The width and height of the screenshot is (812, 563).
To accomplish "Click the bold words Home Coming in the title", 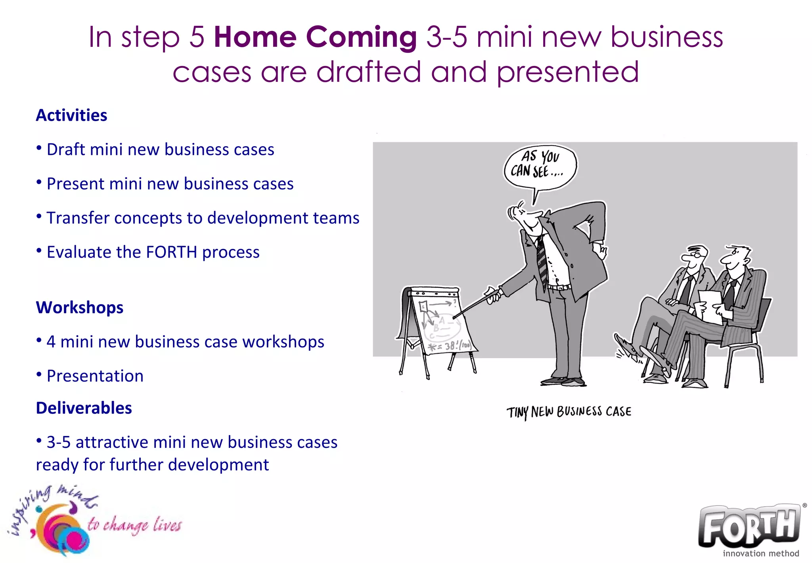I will (x=315, y=37).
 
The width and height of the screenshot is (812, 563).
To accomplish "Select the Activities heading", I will (x=71, y=116).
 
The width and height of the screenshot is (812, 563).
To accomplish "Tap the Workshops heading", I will (x=79, y=308).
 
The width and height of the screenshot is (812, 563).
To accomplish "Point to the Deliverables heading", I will (x=84, y=408).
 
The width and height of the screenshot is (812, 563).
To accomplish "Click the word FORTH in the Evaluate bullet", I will (x=171, y=253).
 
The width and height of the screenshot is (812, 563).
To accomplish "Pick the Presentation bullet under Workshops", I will (x=95, y=376).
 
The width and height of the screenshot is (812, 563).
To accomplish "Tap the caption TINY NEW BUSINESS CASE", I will (x=569, y=412).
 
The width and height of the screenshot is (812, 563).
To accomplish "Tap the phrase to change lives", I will (x=135, y=524).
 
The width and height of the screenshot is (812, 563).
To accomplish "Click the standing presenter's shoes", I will (x=563, y=382).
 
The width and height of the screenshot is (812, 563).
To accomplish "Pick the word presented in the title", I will (x=568, y=73).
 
